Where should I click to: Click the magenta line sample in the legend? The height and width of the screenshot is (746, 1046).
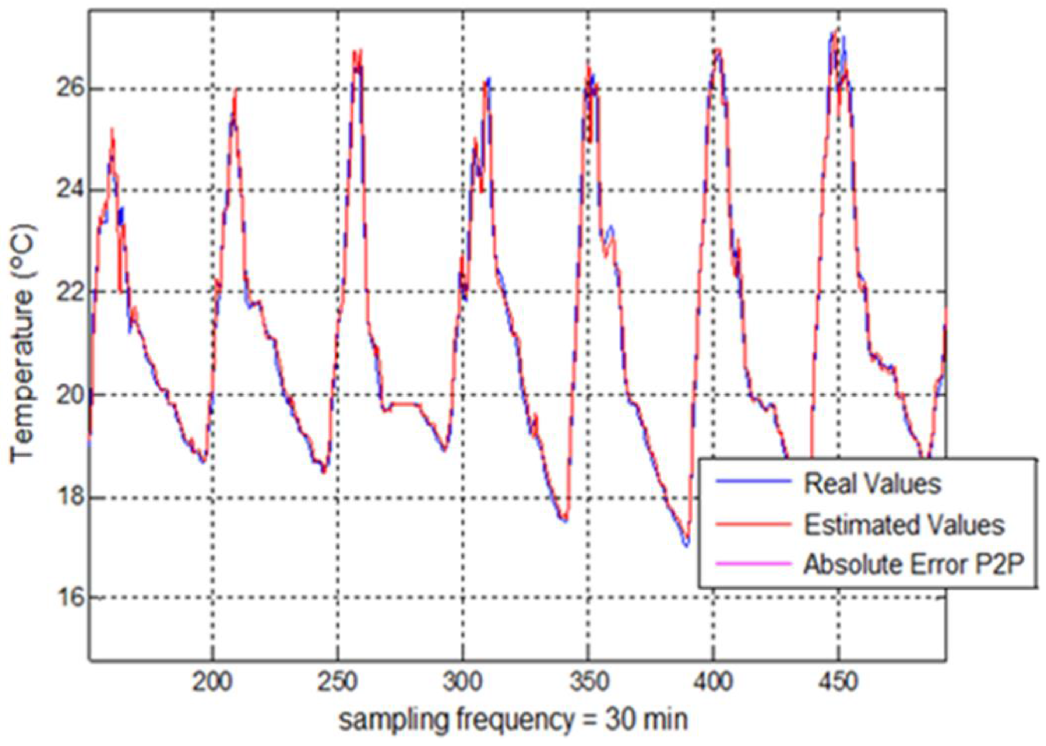[x=753, y=564]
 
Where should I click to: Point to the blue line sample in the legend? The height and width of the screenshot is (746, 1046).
[x=753, y=481]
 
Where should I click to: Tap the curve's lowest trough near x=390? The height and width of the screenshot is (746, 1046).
[x=686, y=545]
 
